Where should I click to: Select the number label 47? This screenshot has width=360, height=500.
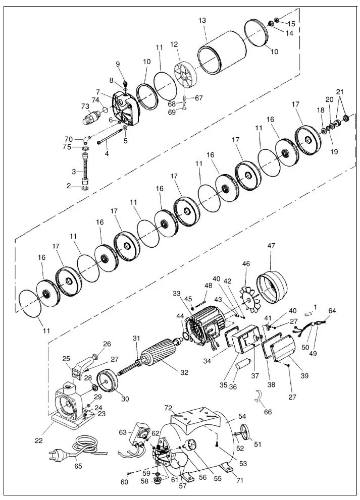pos(271,246)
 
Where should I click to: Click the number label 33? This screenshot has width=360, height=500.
pos(176,293)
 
